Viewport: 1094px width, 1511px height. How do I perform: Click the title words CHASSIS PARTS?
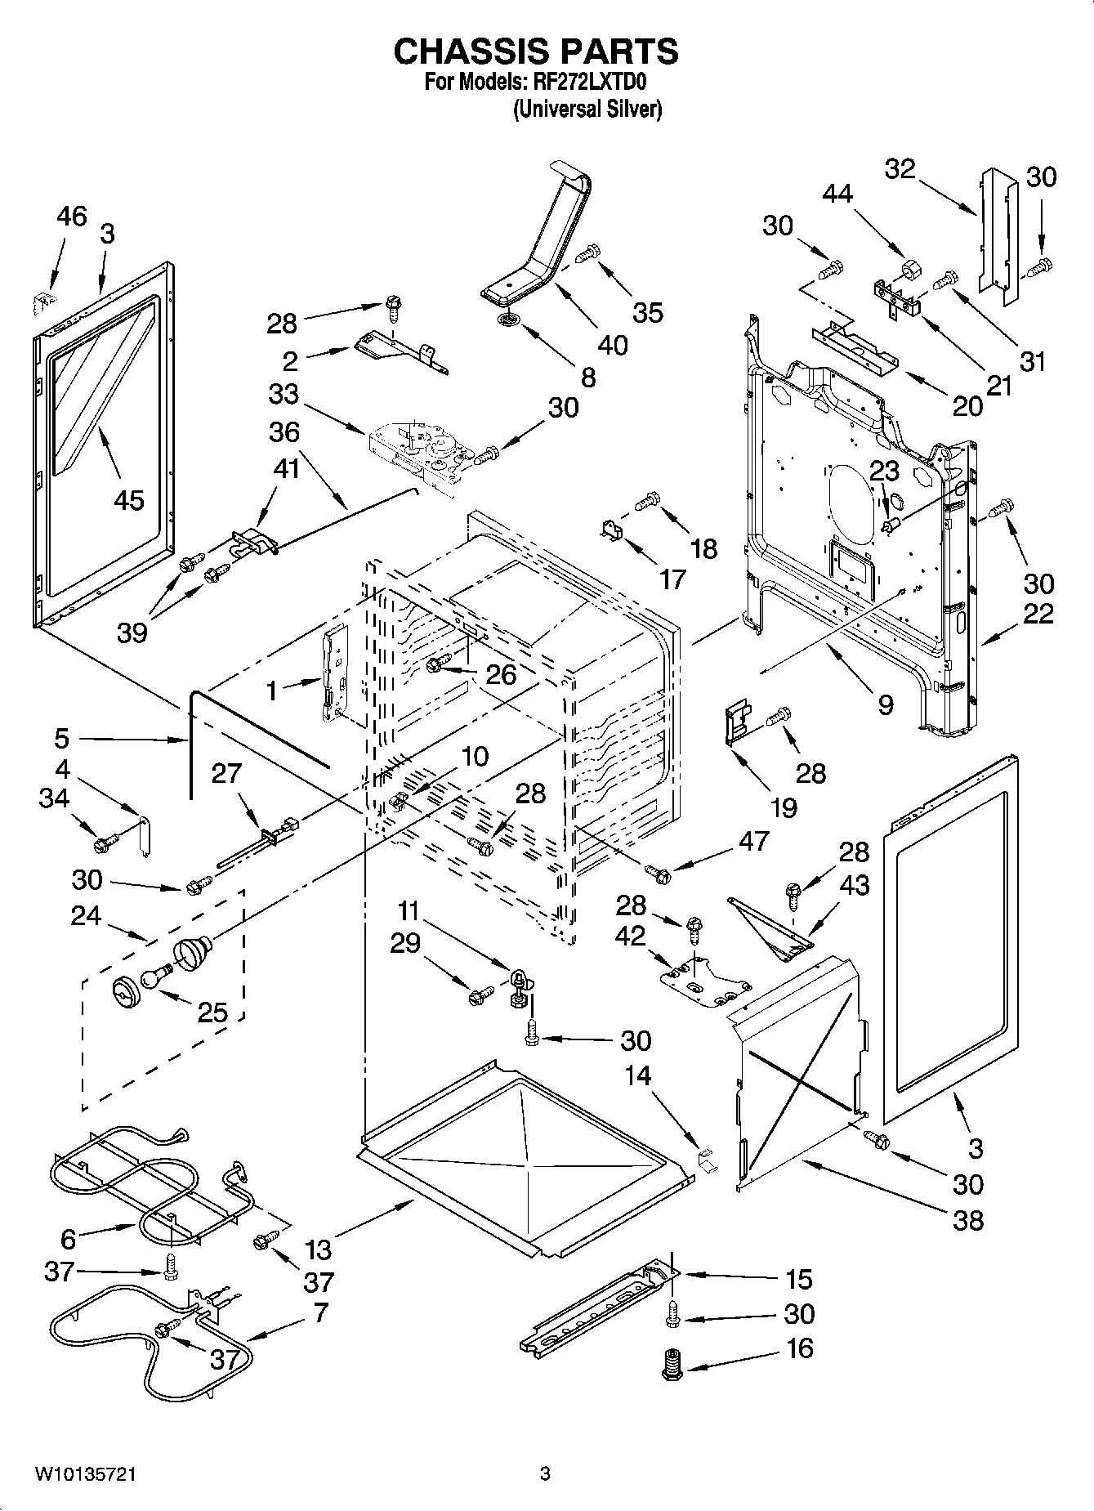[x=535, y=51]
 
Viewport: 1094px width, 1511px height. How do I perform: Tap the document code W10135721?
[x=85, y=1473]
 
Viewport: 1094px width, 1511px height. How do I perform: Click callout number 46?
[x=71, y=217]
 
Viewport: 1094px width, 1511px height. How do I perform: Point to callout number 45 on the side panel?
[x=129, y=499]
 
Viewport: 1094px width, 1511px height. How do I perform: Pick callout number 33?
[x=284, y=395]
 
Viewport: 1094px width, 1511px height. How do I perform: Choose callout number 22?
[x=1038, y=613]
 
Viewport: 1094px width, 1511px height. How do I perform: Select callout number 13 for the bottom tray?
[x=319, y=1250]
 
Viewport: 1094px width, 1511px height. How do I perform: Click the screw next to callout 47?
[x=657, y=874]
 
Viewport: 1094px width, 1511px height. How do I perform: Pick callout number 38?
[x=968, y=1220]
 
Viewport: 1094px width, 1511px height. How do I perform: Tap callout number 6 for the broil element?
[x=68, y=1240]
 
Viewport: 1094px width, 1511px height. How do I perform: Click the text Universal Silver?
[x=586, y=109]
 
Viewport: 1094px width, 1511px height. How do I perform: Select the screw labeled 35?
[x=587, y=255]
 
